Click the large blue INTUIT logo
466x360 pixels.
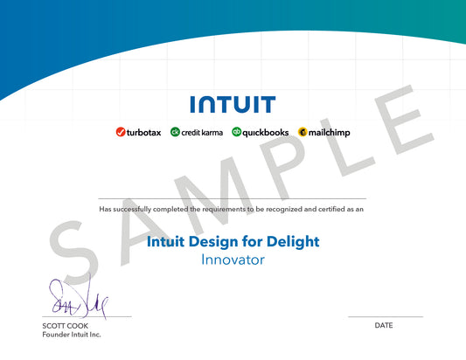233,105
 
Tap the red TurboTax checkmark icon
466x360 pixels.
121,132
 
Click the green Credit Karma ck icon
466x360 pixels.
175,132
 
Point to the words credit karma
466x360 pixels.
202,132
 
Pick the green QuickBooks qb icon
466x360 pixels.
236,132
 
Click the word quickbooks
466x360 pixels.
266,132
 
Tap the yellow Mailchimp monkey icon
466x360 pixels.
303,132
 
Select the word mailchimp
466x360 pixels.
329,132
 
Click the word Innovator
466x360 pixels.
233,260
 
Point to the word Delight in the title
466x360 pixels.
288,241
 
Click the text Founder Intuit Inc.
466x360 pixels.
72,335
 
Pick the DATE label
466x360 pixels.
384,325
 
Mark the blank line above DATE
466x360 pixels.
385,316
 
